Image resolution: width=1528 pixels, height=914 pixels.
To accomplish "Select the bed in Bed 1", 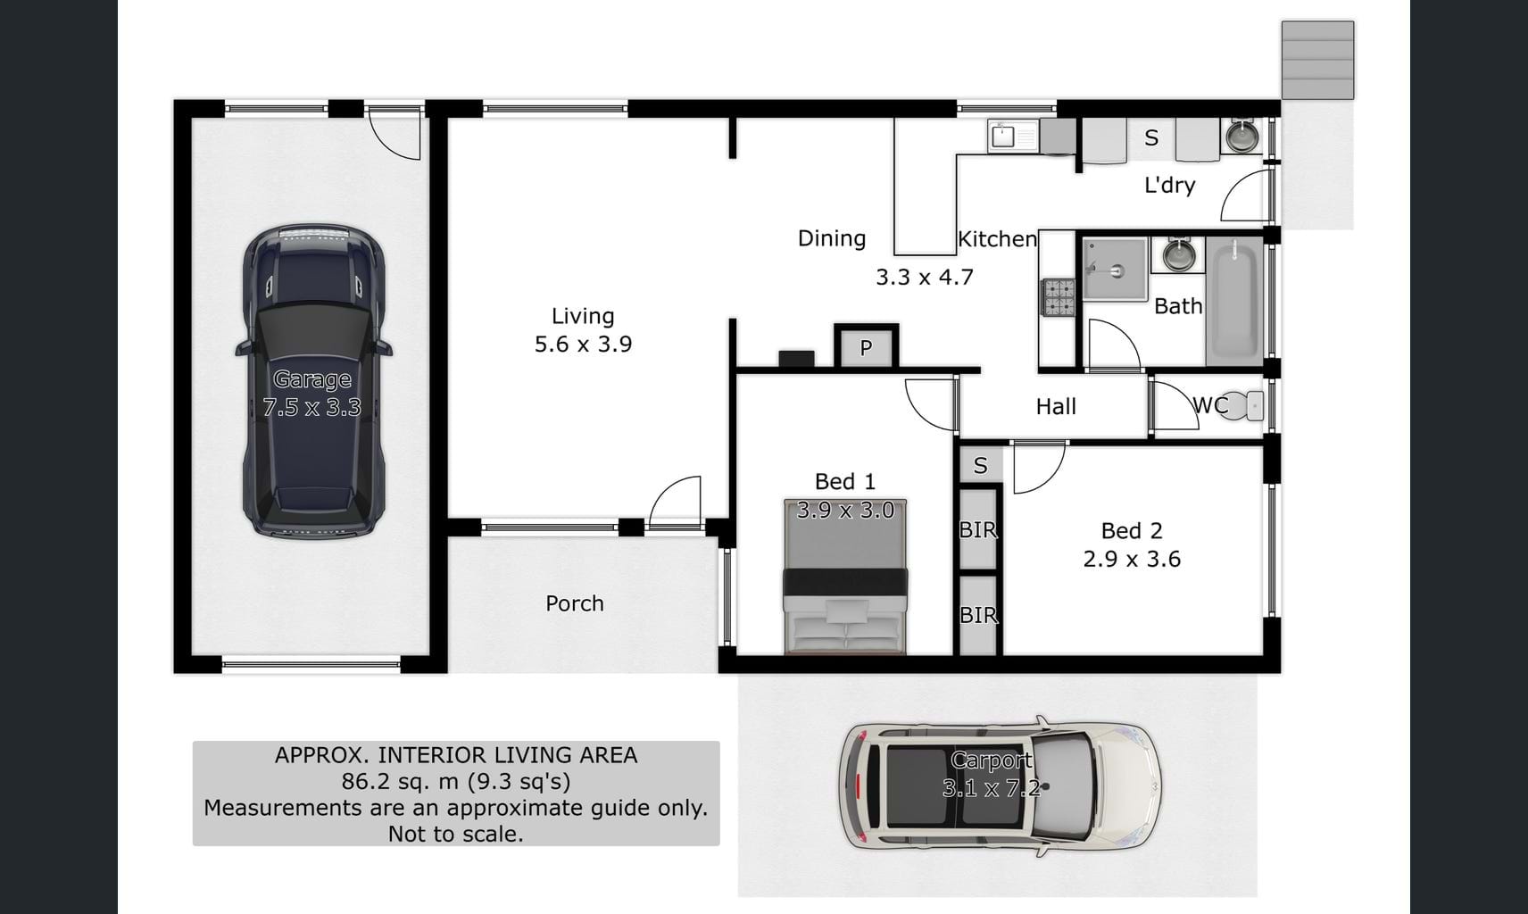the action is (845, 577).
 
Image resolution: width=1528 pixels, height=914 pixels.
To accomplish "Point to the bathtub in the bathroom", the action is (1234, 301).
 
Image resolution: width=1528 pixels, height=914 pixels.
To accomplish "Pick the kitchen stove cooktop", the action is (1058, 297).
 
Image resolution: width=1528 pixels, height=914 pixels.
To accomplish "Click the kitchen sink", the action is (1012, 136).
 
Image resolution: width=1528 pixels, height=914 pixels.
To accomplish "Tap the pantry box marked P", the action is (866, 348).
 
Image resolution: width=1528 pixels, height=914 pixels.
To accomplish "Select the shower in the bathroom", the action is (1115, 270).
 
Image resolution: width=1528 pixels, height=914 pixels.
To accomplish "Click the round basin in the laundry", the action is (1242, 137).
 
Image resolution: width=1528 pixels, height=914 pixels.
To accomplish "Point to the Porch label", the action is (575, 603).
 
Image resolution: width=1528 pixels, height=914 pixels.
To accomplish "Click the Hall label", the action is (1056, 406).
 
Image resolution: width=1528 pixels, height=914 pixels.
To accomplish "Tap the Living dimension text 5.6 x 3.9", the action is (583, 345).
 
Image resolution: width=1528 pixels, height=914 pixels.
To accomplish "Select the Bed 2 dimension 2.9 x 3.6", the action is (1132, 560).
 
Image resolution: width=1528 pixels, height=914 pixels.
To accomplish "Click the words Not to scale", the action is (456, 834).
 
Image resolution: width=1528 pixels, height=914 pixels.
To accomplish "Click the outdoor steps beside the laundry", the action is (1317, 60).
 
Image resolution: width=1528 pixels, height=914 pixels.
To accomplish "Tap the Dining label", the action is (832, 238).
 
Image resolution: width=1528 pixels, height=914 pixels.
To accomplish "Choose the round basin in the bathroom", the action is (1178, 254).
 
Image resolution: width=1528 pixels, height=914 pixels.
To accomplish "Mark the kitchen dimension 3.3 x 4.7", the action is (925, 278).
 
